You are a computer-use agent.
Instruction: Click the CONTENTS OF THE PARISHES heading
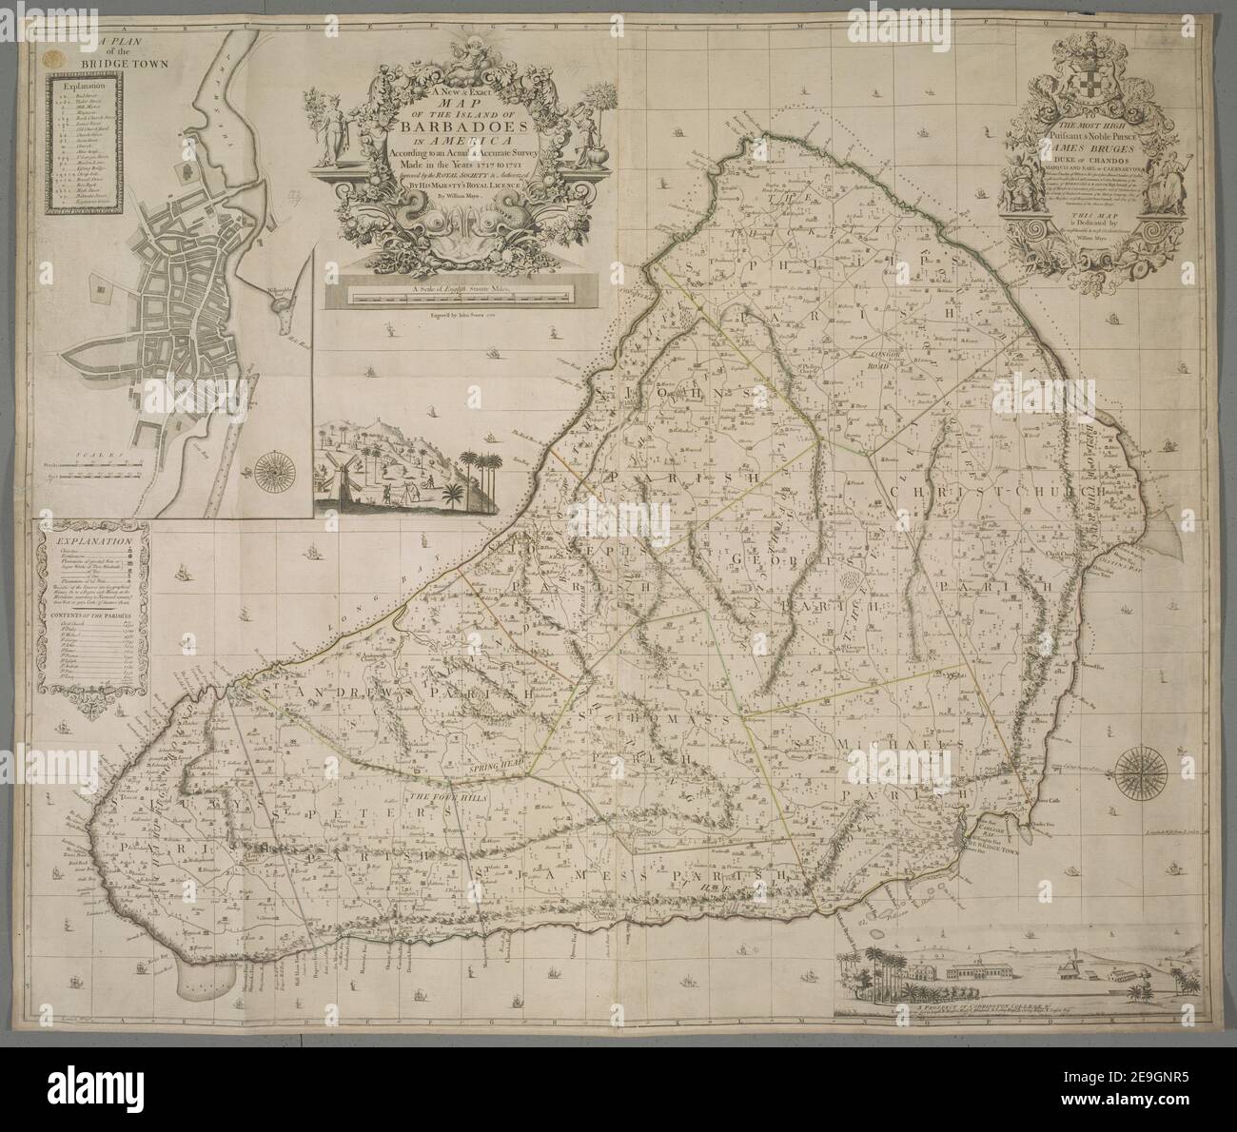click(92, 616)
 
